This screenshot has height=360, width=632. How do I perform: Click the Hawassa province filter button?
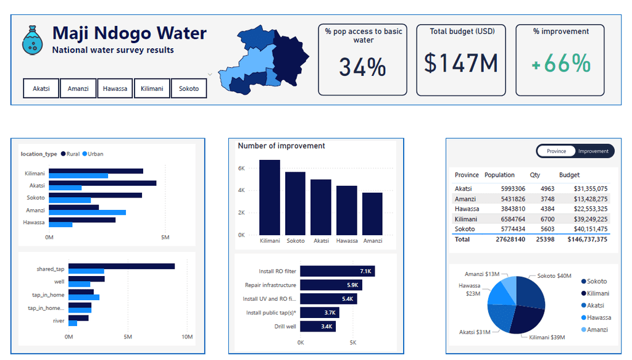(x=115, y=88)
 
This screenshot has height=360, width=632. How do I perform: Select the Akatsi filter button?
(x=41, y=88)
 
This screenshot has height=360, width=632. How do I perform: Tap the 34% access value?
(x=362, y=66)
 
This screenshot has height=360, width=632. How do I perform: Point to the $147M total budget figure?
(x=461, y=64)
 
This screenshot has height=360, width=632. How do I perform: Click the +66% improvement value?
(x=560, y=64)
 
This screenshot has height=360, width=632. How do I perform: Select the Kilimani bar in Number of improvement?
(x=270, y=196)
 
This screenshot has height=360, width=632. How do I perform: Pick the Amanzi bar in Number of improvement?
(x=372, y=213)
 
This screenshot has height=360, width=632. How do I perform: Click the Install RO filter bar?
(x=338, y=271)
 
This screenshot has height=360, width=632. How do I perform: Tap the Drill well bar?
(x=318, y=326)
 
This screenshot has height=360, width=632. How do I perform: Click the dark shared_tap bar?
(x=121, y=266)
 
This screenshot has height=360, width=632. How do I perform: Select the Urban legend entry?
(x=94, y=154)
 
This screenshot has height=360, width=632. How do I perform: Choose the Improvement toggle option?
(x=593, y=151)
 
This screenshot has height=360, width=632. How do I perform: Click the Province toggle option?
(x=556, y=151)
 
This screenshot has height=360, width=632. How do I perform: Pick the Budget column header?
(x=569, y=175)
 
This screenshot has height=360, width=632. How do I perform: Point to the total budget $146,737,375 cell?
(x=588, y=239)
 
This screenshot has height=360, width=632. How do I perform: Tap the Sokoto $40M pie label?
(x=554, y=276)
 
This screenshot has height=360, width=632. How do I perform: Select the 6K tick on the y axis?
(x=242, y=168)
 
